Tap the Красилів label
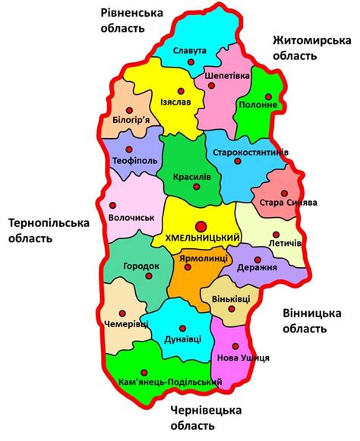(192, 175)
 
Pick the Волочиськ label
(131, 217)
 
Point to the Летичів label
(286, 242)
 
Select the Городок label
(142, 266)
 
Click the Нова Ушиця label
(244, 357)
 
